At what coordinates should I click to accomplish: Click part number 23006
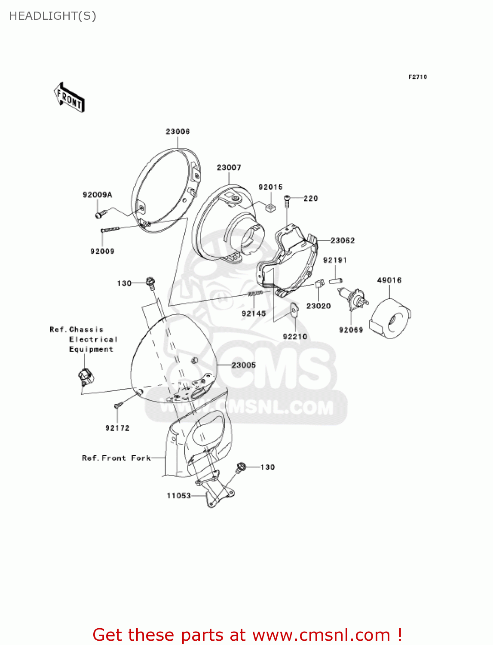[x=178, y=132]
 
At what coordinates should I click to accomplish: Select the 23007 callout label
[x=229, y=167]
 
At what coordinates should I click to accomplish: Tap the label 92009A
[x=97, y=195]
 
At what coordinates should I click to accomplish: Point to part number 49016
[x=389, y=280]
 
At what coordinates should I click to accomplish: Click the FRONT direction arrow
[x=69, y=98]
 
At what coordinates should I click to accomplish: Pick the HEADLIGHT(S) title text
[x=52, y=16]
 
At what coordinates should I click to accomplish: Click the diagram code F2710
[x=417, y=77]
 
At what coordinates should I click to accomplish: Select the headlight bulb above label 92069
[x=355, y=298]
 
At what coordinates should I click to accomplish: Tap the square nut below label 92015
[x=271, y=209]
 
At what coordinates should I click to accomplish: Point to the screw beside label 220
[x=287, y=199]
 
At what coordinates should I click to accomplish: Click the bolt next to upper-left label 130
[x=150, y=283]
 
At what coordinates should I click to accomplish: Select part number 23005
[x=244, y=365]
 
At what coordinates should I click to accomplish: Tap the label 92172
[x=117, y=428]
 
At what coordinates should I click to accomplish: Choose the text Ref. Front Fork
[x=116, y=458]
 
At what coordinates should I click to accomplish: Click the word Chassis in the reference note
[x=86, y=329]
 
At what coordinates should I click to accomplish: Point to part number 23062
[x=343, y=241]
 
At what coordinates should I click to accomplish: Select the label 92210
[x=295, y=337]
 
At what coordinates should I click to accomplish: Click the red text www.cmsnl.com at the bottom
[x=321, y=635]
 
